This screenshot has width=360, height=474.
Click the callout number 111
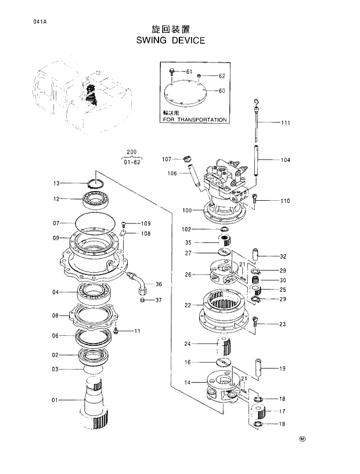click(286, 123)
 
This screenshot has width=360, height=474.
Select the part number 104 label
click(286, 160)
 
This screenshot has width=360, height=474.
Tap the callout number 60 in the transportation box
click(221, 91)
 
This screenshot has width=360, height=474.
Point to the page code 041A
click(24, 23)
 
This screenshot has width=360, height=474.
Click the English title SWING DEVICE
click(170, 41)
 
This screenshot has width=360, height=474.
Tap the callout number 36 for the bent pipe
click(159, 284)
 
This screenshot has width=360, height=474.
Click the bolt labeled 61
click(172, 72)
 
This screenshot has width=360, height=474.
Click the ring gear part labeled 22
click(218, 305)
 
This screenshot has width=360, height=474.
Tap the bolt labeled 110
click(255, 200)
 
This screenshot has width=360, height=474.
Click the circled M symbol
click(302, 439)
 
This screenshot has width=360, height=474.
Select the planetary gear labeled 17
click(257, 413)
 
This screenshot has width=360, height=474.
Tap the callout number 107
click(167, 159)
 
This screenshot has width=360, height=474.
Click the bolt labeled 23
click(255, 323)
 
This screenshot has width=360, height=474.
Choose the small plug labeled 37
click(142, 300)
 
